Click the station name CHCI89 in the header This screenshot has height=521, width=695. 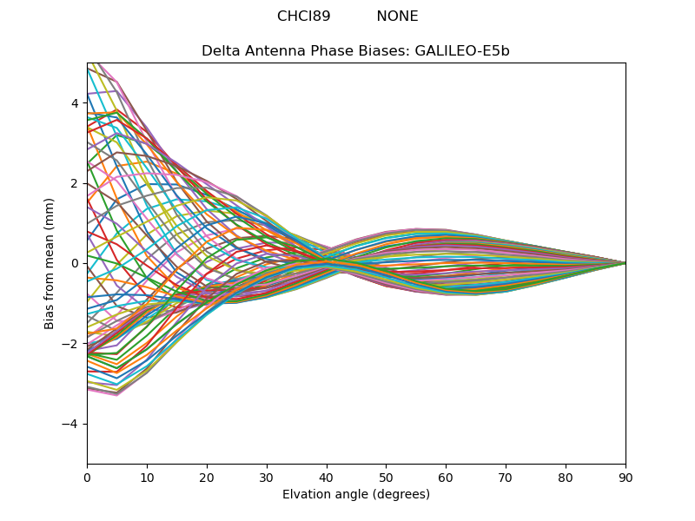pyautogui.click(x=304, y=16)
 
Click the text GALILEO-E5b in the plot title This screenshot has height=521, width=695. pyautogui.click(x=462, y=51)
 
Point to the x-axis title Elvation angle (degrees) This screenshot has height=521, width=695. pyautogui.click(x=356, y=495)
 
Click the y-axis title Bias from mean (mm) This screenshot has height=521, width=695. pyautogui.click(x=50, y=263)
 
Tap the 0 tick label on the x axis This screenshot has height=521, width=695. pyautogui.click(x=87, y=477)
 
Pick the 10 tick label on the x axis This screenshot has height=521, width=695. pyautogui.click(x=147, y=477)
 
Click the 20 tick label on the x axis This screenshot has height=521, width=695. pyautogui.click(x=207, y=477)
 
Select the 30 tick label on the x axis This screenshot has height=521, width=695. pyautogui.click(x=267, y=477)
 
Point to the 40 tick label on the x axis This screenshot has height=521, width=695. pyautogui.click(x=327, y=477)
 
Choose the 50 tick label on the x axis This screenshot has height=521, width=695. pyautogui.click(x=386, y=477)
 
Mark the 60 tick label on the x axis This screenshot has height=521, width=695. pyautogui.click(x=446, y=477)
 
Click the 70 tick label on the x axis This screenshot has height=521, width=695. pyautogui.click(x=506, y=477)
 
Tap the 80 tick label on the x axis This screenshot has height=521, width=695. pyautogui.click(x=566, y=477)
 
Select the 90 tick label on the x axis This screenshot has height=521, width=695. pyautogui.click(x=625, y=477)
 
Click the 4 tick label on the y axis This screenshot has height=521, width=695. pyautogui.click(x=75, y=103)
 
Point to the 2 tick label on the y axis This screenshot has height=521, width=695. pyautogui.click(x=75, y=183)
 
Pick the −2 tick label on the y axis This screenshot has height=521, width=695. pyautogui.click(x=71, y=344)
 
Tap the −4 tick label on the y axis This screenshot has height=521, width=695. pyautogui.click(x=71, y=424)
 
